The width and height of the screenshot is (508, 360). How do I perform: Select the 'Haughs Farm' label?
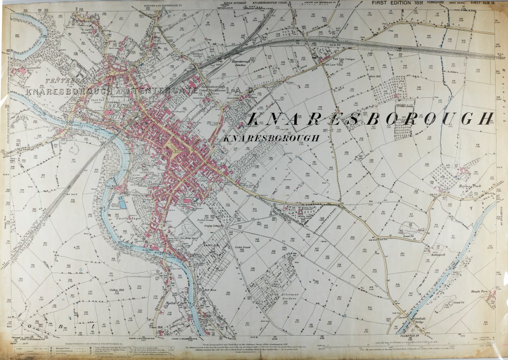click(x=478, y=291)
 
